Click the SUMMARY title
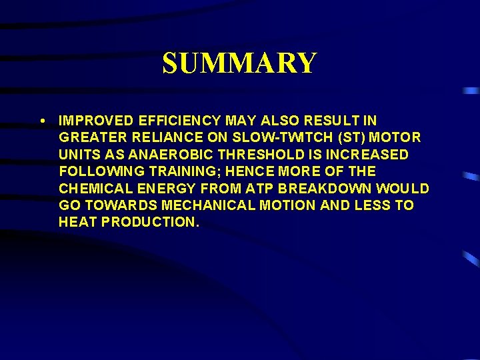point(239,63)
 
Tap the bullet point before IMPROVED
point(43,121)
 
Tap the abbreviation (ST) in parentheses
point(331,138)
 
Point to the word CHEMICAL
point(93,189)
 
